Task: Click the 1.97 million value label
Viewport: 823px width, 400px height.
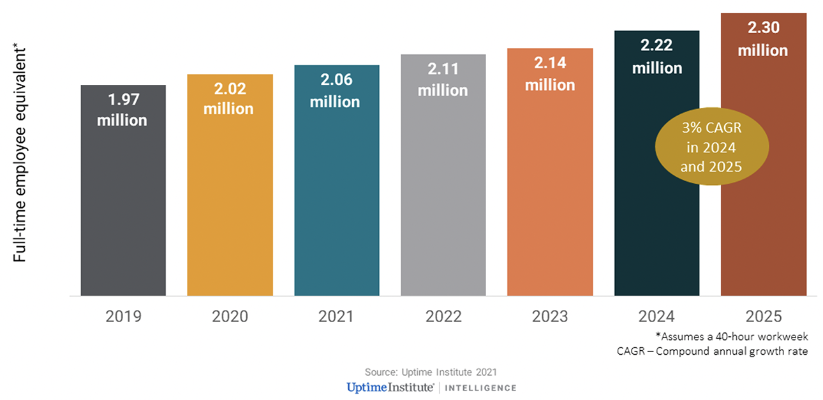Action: point(122,110)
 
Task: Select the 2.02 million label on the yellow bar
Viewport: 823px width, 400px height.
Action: point(229,99)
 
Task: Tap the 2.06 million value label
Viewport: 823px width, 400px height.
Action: point(336,91)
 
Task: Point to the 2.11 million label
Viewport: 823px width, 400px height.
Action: point(443,80)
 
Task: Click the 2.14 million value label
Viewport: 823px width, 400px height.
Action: point(549,73)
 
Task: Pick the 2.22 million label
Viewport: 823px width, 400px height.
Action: point(656,56)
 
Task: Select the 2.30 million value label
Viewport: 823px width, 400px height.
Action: point(763,39)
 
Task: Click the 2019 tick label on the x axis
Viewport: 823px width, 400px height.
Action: point(122,316)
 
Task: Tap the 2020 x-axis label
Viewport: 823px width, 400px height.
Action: point(229,316)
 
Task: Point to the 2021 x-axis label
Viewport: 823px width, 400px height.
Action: point(336,316)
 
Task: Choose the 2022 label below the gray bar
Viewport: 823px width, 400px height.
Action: point(443,316)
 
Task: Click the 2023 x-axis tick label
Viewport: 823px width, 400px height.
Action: point(549,316)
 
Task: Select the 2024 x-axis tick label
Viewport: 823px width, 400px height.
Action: point(656,316)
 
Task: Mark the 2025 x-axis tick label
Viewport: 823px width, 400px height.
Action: point(763,316)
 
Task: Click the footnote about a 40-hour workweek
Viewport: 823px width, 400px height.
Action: point(731,336)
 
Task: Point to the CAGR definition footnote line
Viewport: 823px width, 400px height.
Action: point(712,351)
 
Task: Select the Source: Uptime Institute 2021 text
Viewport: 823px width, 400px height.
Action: point(431,372)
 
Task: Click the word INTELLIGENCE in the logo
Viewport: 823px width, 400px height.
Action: point(480,388)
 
